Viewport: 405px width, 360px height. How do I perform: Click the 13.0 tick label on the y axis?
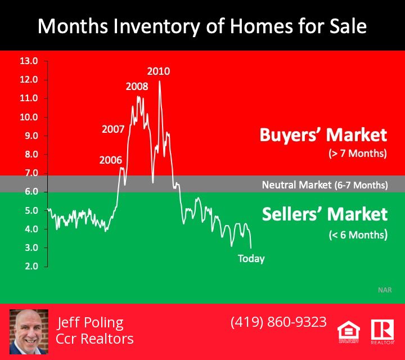pyautogui.click(x=29, y=61)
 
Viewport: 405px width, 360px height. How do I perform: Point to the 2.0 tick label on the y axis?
pyautogui.click(x=31, y=266)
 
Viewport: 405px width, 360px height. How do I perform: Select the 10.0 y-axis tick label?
pyautogui.click(x=29, y=117)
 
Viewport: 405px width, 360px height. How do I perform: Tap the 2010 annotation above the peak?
pyautogui.click(x=159, y=71)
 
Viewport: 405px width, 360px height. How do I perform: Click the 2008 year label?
pyautogui.click(x=137, y=87)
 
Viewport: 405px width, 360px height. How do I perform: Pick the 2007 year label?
pyautogui.click(x=113, y=129)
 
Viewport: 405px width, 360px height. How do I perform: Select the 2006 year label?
pyautogui.click(x=111, y=160)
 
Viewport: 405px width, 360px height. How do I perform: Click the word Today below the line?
pyautogui.click(x=251, y=259)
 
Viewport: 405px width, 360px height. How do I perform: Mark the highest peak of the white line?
pyautogui.click(x=159, y=81)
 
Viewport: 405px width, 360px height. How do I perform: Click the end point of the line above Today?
pyautogui.click(x=251, y=248)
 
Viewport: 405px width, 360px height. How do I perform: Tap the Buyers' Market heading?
pyautogui.click(x=323, y=135)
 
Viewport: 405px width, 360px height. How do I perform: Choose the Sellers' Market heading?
pyautogui.click(x=325, y=214)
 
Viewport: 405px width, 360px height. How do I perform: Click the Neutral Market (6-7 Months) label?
pyautogui.click(x=325, y=185)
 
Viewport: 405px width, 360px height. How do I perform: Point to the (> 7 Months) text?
pyautogui.click(x=358, y=154)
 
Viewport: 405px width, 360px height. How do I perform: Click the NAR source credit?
pyautogui.click(x=385, y=290)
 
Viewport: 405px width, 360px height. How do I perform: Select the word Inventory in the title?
pyautogui.click(x=156, y=26)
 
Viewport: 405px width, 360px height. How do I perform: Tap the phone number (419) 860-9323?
pyautogui.click(x=278, y=322)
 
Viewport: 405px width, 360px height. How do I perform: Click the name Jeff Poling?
pyautogui.click(x=90, y=322)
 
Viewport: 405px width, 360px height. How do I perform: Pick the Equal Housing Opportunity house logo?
pyautogui.click(x=349, y=332)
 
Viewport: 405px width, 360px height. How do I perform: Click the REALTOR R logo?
pyautogui.click(x=382, y=331)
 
